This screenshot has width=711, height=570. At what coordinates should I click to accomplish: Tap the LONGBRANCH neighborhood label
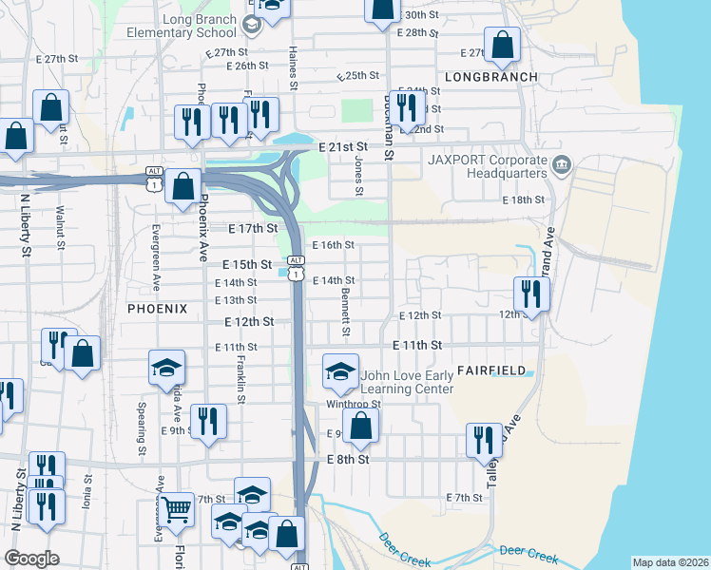point(490,77)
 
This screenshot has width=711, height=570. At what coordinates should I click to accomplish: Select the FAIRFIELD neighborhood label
point(490,369)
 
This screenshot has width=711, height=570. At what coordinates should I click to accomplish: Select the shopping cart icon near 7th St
point(176,510)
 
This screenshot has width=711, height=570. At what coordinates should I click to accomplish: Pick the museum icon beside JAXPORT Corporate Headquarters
point(561,166)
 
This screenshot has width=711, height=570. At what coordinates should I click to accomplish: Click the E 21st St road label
point(343,147)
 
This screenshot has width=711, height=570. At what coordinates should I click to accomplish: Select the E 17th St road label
point(254,228)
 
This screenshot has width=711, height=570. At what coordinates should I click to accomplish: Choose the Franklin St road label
point(241,379)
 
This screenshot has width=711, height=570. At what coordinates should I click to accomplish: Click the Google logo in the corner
point(32,559)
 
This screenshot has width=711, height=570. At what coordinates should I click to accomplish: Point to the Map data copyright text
point(669,562)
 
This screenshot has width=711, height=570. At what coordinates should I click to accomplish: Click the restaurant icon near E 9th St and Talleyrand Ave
point(485,440)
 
